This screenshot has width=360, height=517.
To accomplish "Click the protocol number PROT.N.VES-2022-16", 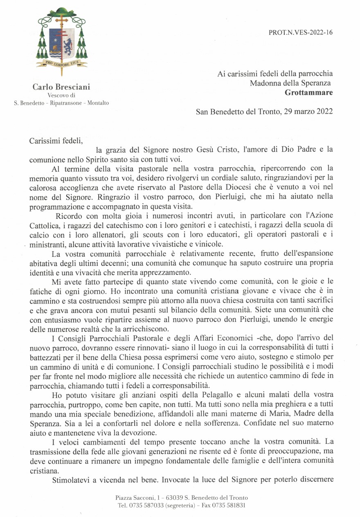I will click(x=301, y=32).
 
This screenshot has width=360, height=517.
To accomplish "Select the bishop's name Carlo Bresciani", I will click(x=61, y=87).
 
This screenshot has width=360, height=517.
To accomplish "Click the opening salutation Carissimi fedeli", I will click(x=56, y=141).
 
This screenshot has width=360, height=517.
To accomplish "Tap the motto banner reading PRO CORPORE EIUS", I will click(x=62, y=63).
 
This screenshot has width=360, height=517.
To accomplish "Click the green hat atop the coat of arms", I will click(x=62, y=11).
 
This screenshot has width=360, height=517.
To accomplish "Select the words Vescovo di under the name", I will click(x=61, y=95).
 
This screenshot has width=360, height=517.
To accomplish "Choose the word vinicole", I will click(x=207, y=244).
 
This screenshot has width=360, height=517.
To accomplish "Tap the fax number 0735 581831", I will click(x=227, y=505).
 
